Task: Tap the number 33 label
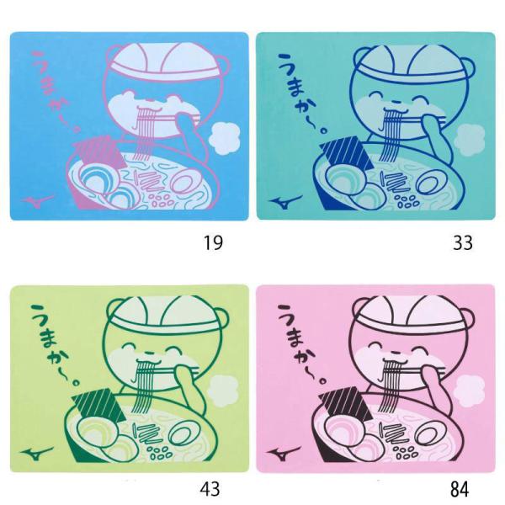click(462, 245)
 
